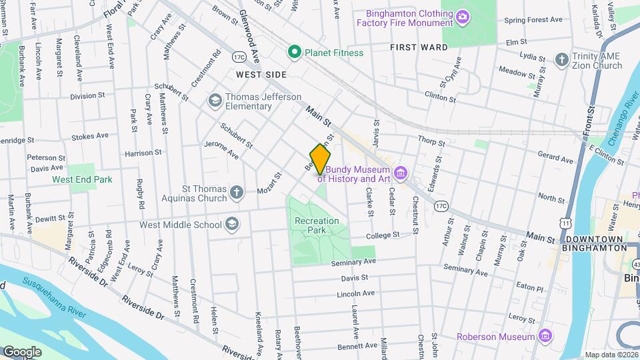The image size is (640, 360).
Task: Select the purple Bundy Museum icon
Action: (400, 174)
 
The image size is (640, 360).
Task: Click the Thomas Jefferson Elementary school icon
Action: (215, 101)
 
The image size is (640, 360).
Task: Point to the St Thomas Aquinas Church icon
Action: (236, 193)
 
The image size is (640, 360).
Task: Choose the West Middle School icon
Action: (231, 223)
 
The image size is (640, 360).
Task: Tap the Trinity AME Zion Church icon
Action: (562, 60)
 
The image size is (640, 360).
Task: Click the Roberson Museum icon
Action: (545, 335)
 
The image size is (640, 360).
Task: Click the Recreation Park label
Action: (317, 225)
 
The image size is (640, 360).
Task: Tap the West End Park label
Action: (82, 179)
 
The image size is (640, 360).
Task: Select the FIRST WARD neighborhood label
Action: (419, 47)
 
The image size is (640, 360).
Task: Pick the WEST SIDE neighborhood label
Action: (261, 75)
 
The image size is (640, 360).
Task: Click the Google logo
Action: (22, 351)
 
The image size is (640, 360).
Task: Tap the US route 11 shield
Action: (566, 221)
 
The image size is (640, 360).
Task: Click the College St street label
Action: (382, 235)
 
